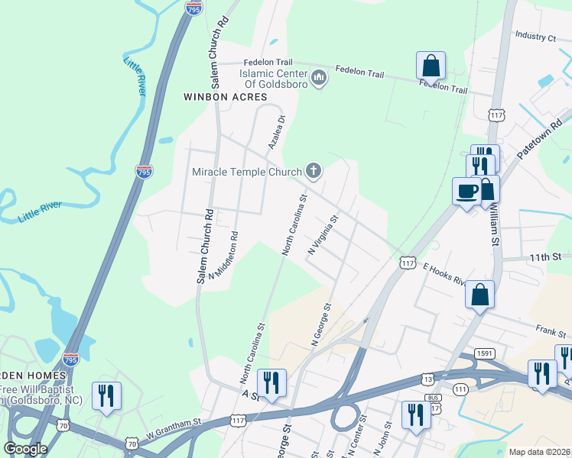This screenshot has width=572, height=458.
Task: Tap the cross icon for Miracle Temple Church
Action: coord(313,172)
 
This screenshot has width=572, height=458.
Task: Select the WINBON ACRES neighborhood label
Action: coord(225,97)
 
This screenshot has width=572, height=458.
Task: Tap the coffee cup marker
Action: coord(466,191)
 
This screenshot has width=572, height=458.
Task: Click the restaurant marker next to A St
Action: coord(271,382)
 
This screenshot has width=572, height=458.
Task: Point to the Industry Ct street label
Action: coord(535,36)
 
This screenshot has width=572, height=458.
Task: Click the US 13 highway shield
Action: coord(427,379)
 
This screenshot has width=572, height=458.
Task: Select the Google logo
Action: coord(26,449)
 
